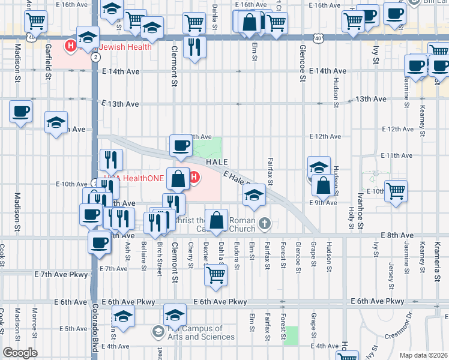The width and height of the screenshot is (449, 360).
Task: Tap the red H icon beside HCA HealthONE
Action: pos(194,176)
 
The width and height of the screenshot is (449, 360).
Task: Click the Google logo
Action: pos(20,353)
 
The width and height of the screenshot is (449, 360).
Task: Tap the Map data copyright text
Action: pos(423,355)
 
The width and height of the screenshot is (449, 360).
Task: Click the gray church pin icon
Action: pos(266,224)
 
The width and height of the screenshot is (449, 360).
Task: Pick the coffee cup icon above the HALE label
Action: pos(181,145)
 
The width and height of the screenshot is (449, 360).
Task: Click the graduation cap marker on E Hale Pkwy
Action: pos(254,194)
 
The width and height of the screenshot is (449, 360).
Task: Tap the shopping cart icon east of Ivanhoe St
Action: pos(396,191)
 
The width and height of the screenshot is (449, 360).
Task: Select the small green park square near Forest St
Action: pos(291,335)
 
